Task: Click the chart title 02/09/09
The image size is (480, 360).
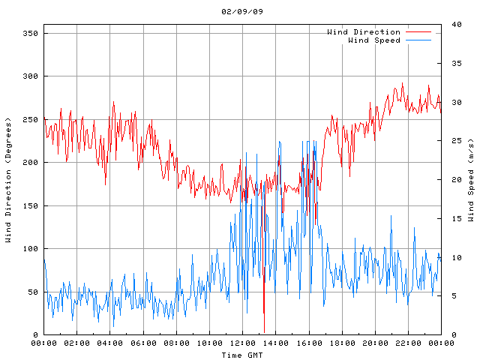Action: pos(242,12)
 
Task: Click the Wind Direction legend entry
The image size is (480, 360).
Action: pos(364,32)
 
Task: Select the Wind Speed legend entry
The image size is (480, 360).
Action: pos(374,40)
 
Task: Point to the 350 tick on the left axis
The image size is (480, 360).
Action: pos(31,33)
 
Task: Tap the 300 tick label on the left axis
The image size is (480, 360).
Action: pos(31,76)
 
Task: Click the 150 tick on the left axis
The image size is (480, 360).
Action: pos(31,205)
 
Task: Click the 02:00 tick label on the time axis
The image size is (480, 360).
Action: pos(76,343)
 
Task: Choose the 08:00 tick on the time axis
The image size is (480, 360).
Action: pos(176,343)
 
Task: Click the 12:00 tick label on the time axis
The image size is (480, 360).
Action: pos(242,343)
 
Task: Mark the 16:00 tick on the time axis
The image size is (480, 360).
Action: pos(308,343)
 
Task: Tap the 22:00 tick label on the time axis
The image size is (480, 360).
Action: pos(408,343)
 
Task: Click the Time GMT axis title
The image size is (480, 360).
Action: pos(242,354)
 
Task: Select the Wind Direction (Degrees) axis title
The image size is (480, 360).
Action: pos(9,180)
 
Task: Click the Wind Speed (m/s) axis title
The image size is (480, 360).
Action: pos(471,180)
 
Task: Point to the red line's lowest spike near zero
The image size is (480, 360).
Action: pos(264,331)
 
